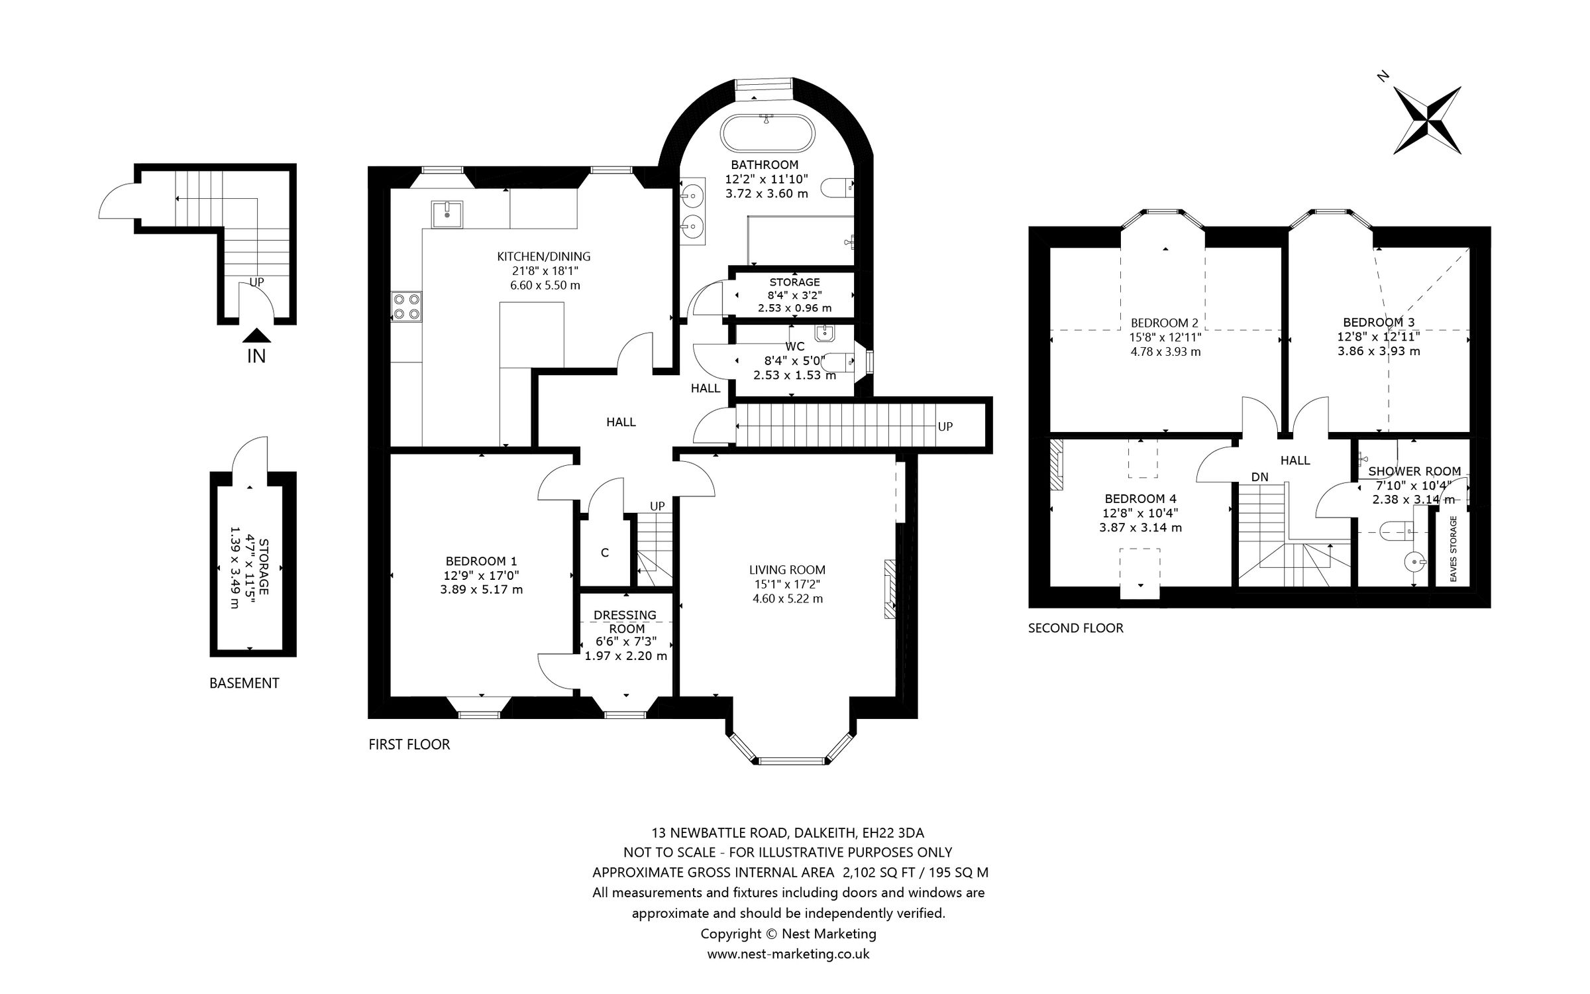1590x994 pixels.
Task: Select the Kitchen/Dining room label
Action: pyautogui.click(x=544, y=256)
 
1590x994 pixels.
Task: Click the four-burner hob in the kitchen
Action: pyautogui.click(x=407, y=307)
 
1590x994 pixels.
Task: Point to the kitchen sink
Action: pyautogui.click(x=448, y=214)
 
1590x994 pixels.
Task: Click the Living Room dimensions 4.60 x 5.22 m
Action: pyautogui.click(x=788, y=598)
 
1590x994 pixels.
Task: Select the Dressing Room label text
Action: pyautogui.click(x=625, y=622)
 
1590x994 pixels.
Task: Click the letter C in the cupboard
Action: pyautogui.click(x=605, y=553)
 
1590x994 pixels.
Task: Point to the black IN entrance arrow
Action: pyautogui.click(x=256, y=336)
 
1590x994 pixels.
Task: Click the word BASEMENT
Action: pyautogui.click(x=244, y=683)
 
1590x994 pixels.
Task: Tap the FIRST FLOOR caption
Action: pyautogui.click(x=409, y=744)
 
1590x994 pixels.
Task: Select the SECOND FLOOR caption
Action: pyautogui.click(x=1076, y=628)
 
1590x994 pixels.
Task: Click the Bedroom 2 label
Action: pyautogui.click(x=1165, y=323)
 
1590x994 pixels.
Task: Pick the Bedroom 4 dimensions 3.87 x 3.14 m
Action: pyautogui.click(x=1141, y=527)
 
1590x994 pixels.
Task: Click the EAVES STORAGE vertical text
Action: pyautogui.click(x=1453, y=549)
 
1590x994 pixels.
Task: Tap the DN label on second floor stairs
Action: pyautogui.click(x=1260, y=476)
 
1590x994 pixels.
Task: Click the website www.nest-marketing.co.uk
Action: pyautogui.click(x=788, y=954)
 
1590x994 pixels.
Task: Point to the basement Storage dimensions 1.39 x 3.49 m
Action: pyautogui.click(x=234, y=567)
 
